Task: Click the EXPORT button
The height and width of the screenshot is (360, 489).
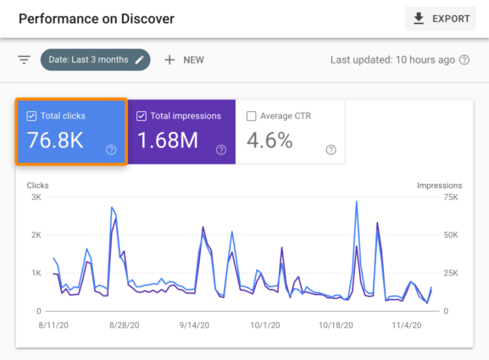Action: tap(440, 19)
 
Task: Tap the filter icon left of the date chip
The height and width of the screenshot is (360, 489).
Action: tap(25, 60)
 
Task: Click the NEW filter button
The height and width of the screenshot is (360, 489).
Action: tap(184, 60)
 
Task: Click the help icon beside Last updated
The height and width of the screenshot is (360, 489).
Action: tap(464, 60)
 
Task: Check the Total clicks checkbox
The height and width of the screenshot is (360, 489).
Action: tap(31, 116)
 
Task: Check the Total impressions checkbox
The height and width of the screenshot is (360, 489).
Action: tap(141, 116)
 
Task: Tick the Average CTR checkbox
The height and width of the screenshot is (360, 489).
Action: tap(251, 116)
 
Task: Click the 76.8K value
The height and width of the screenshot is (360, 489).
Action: tap(55, 141)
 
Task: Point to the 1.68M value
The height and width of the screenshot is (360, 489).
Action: tap(169, 141)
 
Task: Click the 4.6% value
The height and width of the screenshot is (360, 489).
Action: tap(270, 141)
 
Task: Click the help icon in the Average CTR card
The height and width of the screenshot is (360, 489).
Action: tap(331, 150)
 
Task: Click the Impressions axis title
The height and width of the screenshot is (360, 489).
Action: tap(439, 185)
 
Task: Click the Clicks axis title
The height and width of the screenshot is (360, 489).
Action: tap(38, 185)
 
